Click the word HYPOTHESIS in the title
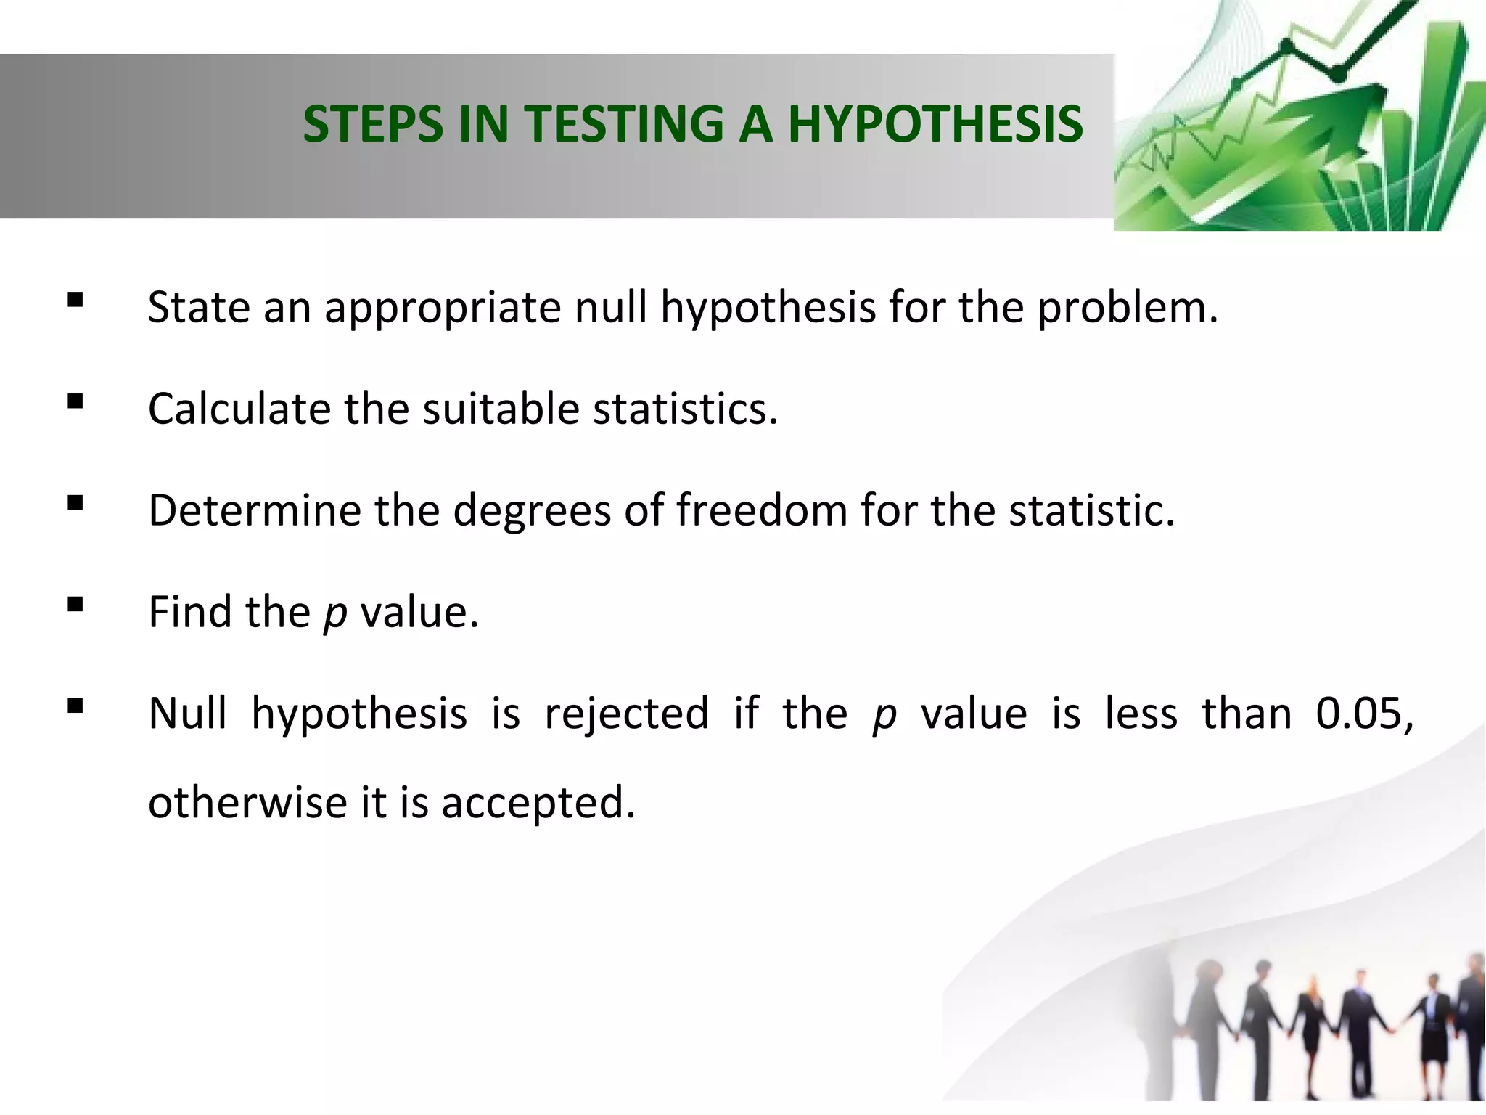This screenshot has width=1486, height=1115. tap(935, 123)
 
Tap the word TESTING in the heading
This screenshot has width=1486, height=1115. tap(624, 123)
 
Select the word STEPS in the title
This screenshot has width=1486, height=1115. tap(372, 123)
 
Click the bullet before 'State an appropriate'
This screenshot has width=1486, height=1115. tap(75, 300)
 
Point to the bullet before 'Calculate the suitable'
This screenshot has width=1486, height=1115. tap(75, 401)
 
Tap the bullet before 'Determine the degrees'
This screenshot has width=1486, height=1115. tap(75, 503)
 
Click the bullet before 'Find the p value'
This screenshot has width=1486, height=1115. tap(75, 605)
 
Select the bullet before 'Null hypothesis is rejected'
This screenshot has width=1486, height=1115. tap(75, 706)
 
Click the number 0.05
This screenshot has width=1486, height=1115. tap(1363, 714)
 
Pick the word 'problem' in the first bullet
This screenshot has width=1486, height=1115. tap(1125, 309)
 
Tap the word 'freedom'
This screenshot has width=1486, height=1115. tap(761, 510)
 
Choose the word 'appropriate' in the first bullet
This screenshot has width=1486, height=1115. tap(442, 309)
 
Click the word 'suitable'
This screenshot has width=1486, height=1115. tap(501, 409)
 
